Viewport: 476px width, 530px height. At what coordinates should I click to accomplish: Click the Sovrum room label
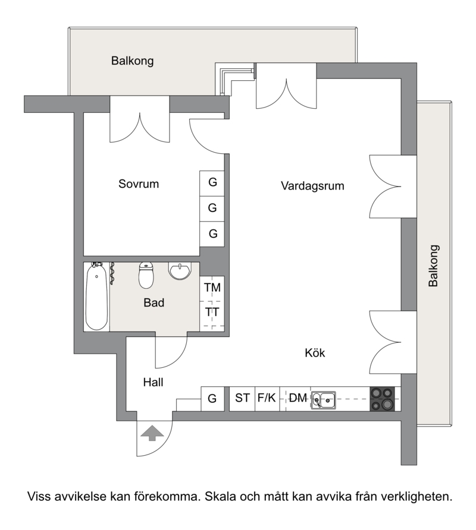click(139, 184)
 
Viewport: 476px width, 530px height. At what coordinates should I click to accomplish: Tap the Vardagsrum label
click(312, 186)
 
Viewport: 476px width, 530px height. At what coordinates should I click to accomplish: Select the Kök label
click(315, 353)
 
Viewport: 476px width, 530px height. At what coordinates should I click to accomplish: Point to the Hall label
click(153, 382)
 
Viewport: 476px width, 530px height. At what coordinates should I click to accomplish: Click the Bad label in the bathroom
click(154, 302)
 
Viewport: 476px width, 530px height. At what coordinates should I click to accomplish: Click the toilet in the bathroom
click(146, 275)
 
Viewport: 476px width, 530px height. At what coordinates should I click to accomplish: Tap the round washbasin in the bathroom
click(180, 271)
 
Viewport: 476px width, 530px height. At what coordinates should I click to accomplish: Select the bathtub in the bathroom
click(97, 296)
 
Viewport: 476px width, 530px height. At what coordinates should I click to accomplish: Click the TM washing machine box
click(212, 288)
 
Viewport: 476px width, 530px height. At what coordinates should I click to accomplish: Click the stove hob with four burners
click(382, 399)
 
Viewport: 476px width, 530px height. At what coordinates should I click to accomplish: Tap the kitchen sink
click(324, 400)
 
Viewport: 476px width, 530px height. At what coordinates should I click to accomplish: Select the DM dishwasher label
click(298, 398)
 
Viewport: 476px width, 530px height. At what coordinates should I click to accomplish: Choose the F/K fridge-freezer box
click(267, 399)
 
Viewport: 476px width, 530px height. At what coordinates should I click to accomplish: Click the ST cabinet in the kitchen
click(242, 399)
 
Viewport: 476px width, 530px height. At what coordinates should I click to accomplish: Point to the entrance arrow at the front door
click(152, 433)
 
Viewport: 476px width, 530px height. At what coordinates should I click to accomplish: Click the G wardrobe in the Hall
click(212, 399)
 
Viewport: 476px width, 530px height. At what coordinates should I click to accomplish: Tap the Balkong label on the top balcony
click(132, 61)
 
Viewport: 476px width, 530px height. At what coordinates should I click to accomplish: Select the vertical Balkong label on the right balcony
click(434, 266)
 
